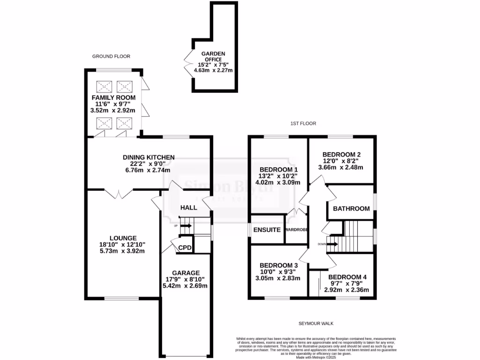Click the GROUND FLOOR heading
(x=111, y=56)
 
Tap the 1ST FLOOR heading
(x=303, y=124)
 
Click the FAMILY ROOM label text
(x=113, y=97)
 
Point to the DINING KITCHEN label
(x=149, y=157)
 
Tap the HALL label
(x=188, y=208)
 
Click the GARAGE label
(x=186, y=273)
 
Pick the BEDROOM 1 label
(x=279, y=169)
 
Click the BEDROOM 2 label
(x=341, y=154)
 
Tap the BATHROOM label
(x=351, y=209)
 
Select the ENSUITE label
(x=267, y=230)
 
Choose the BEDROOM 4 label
(x=347, y=277)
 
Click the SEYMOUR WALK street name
(x=316, y=324)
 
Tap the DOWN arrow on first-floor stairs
(x=332, y=244)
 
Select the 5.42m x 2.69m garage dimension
(x=186, y=285)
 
